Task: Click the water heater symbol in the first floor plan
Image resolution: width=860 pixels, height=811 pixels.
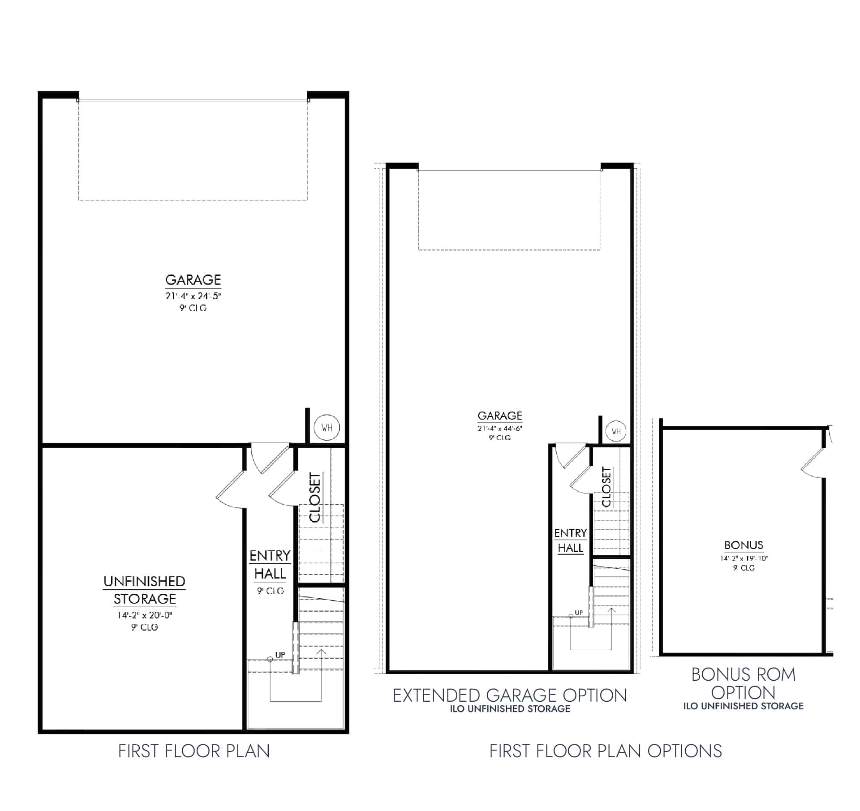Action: [327, 427]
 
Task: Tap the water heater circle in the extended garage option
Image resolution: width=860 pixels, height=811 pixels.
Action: [616, 431]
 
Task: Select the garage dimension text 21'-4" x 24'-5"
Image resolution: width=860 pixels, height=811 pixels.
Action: [193, 296]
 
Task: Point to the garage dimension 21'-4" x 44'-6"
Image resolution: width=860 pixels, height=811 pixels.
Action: [500, 428]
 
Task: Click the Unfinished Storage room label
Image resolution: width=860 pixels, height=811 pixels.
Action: [144, 590]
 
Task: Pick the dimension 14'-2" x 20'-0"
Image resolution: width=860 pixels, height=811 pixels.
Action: [144, 615]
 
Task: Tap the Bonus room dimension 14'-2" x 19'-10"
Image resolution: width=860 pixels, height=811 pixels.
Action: [744, 558]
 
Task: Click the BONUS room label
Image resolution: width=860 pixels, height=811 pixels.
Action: [744, 545]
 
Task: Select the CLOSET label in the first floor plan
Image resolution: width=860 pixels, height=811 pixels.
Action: [315, 498]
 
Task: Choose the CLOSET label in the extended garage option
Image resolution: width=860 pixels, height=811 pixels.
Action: [606, 487]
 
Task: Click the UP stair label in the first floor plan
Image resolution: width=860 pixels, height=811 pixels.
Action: [280, 655]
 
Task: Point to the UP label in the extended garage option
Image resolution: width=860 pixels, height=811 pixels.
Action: [579, 613]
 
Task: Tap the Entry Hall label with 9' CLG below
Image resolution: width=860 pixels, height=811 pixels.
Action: [270, 565]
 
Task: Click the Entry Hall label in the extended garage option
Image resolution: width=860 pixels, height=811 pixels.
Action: [570, 541]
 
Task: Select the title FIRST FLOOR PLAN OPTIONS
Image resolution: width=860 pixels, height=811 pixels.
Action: [605, 751]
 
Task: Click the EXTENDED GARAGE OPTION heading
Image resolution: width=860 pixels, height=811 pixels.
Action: [510, 695]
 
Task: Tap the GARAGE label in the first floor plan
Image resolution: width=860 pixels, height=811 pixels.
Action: [193, 280]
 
